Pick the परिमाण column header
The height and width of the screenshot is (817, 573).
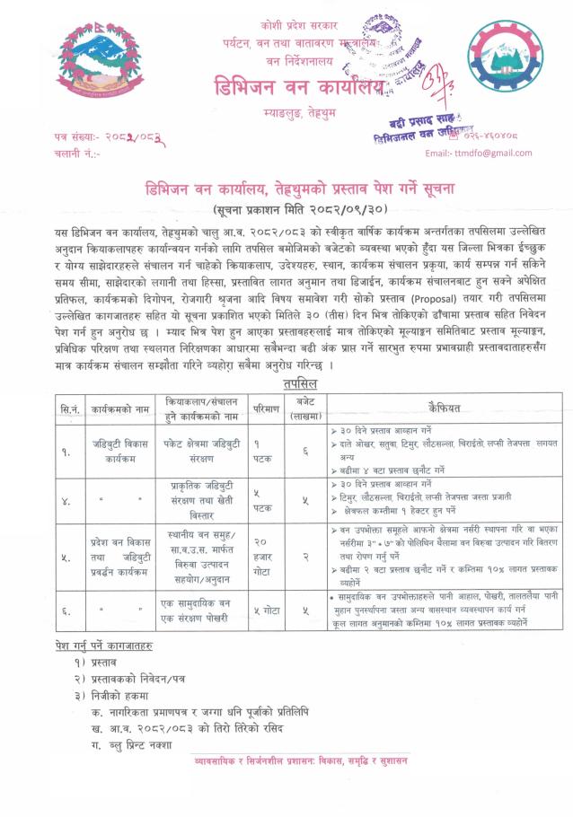(x=257, y=408)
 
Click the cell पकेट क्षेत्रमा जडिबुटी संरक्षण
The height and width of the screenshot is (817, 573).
(x=195, y=452)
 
